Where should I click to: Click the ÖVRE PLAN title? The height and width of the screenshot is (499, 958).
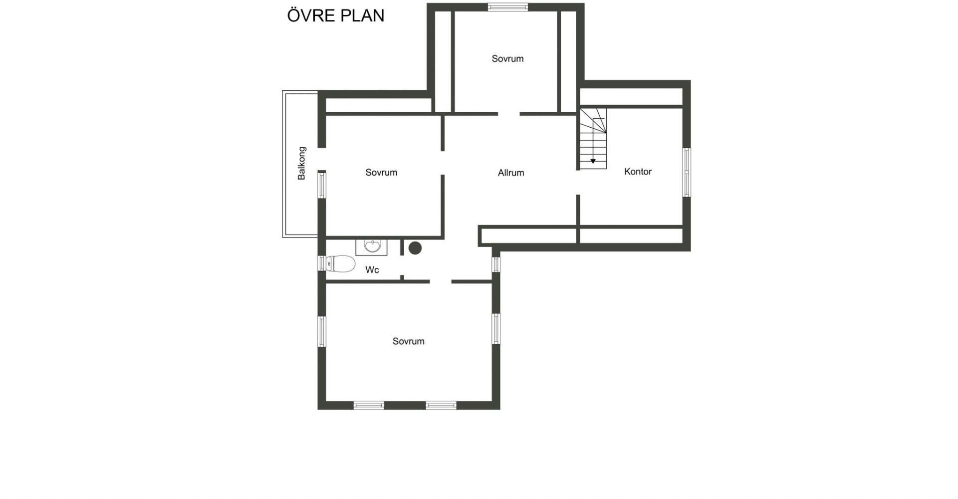click(335, 15)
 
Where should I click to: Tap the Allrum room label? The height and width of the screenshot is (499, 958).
click(511, 173)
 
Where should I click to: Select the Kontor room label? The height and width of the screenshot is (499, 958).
click(638, 172)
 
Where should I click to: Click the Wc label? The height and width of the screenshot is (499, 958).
click(372, 270)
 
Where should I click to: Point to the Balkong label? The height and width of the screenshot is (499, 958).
click(301, 163)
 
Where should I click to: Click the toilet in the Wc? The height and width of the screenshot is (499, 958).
click(340, 263)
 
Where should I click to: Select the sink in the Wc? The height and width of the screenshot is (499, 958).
click(372, 246)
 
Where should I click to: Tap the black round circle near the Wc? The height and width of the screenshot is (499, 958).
click(415, 248)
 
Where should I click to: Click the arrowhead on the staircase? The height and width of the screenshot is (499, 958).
click(593, 161)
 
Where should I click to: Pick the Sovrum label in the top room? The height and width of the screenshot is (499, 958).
click(507, 59)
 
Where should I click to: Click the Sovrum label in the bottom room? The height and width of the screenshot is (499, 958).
click(408, 341)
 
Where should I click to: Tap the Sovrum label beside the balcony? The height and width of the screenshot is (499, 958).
click(381, 173)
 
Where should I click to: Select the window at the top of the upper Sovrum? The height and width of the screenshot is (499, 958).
click(507, 7)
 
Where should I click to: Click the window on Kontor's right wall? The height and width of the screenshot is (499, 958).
click(687, 172)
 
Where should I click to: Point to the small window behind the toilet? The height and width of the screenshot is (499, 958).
click(322, 263)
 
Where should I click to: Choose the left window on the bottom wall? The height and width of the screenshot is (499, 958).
click(369, 405)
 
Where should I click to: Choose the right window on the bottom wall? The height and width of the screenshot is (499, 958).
click(441, 405)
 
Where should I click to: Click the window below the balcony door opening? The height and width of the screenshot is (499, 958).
click(322, 185)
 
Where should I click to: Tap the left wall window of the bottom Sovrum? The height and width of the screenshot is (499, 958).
click(322, 331)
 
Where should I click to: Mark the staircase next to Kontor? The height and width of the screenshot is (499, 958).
click(593, 139)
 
